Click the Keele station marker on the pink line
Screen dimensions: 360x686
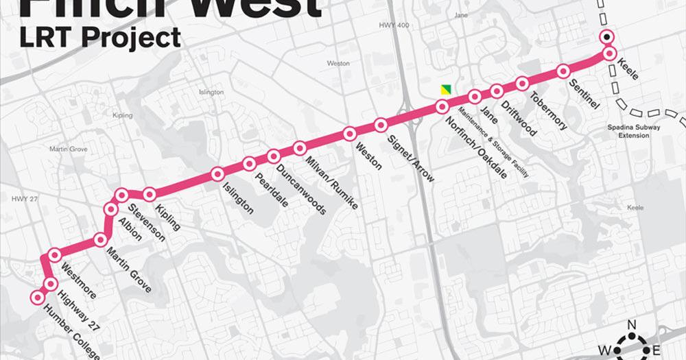click(x=608, y=53)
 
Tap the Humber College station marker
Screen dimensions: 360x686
click(x=36, y=297)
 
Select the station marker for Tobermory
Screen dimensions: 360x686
click(x=522, y=84)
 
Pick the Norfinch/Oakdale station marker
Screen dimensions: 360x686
click(x=442, y=106)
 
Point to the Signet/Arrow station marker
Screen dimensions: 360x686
click(x=381, y=124)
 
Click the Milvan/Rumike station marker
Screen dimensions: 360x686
click(x=300, y=147)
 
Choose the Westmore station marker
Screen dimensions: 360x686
click(x=55, y=256)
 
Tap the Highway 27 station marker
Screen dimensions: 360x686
click(x=49, y=283)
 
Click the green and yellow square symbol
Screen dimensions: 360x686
click(x=447, y=90)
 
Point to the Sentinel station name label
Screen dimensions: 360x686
click(x=584, y=95)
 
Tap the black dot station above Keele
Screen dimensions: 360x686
click(x=606, y=37)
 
